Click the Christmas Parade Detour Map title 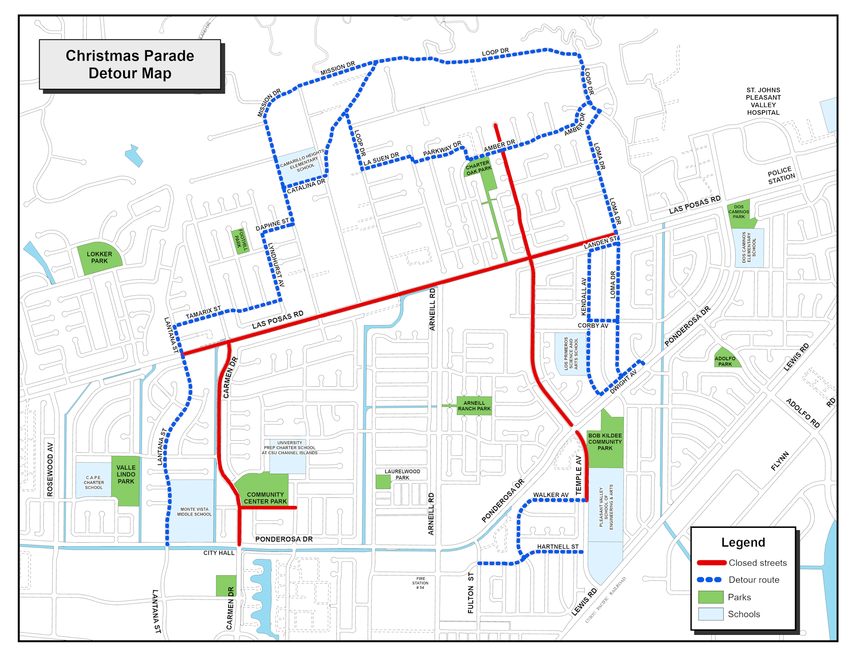point(130,64)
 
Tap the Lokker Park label point(99,257)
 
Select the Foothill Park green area point(241,241)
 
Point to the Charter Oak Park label point(478,168)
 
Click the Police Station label point(781,176)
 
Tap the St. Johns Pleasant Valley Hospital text point(763,101)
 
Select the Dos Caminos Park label point(738,212)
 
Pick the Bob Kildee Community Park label point(605,442)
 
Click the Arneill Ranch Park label point(474,406)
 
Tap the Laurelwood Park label point(402,474)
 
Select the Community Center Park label point(265,498)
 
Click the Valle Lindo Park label point(126,474)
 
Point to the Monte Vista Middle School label point(194,512)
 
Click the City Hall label point(219,553)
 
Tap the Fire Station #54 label point(420,583)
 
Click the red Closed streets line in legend point(711,563)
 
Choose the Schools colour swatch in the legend point(711,614)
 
